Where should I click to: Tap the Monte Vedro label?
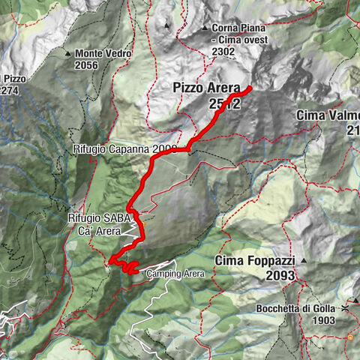tap(103, 54)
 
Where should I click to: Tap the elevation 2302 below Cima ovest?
tap(223, 51)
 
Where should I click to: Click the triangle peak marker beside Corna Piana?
tap(205, 28)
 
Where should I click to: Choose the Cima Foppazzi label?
tap(254, 261)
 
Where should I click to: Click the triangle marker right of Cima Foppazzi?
tap(304, 260)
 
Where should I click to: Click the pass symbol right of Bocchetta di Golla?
tap(346, 308)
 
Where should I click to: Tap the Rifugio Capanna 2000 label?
tap(124, 149)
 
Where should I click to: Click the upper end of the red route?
tap(249, 89)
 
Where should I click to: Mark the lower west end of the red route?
tap(109, 261)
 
